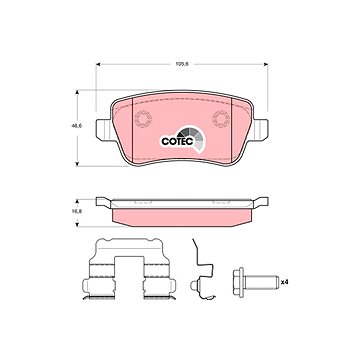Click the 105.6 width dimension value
pos(182,64)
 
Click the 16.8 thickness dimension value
pos(77,212)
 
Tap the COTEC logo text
pos(177,141)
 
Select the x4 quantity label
pos(284,282)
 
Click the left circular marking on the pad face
pos(143,119)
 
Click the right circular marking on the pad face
pos(221,119)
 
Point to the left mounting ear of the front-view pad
pos(103,129)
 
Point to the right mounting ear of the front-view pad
pos(261,129)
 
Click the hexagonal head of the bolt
pos(239,282)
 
